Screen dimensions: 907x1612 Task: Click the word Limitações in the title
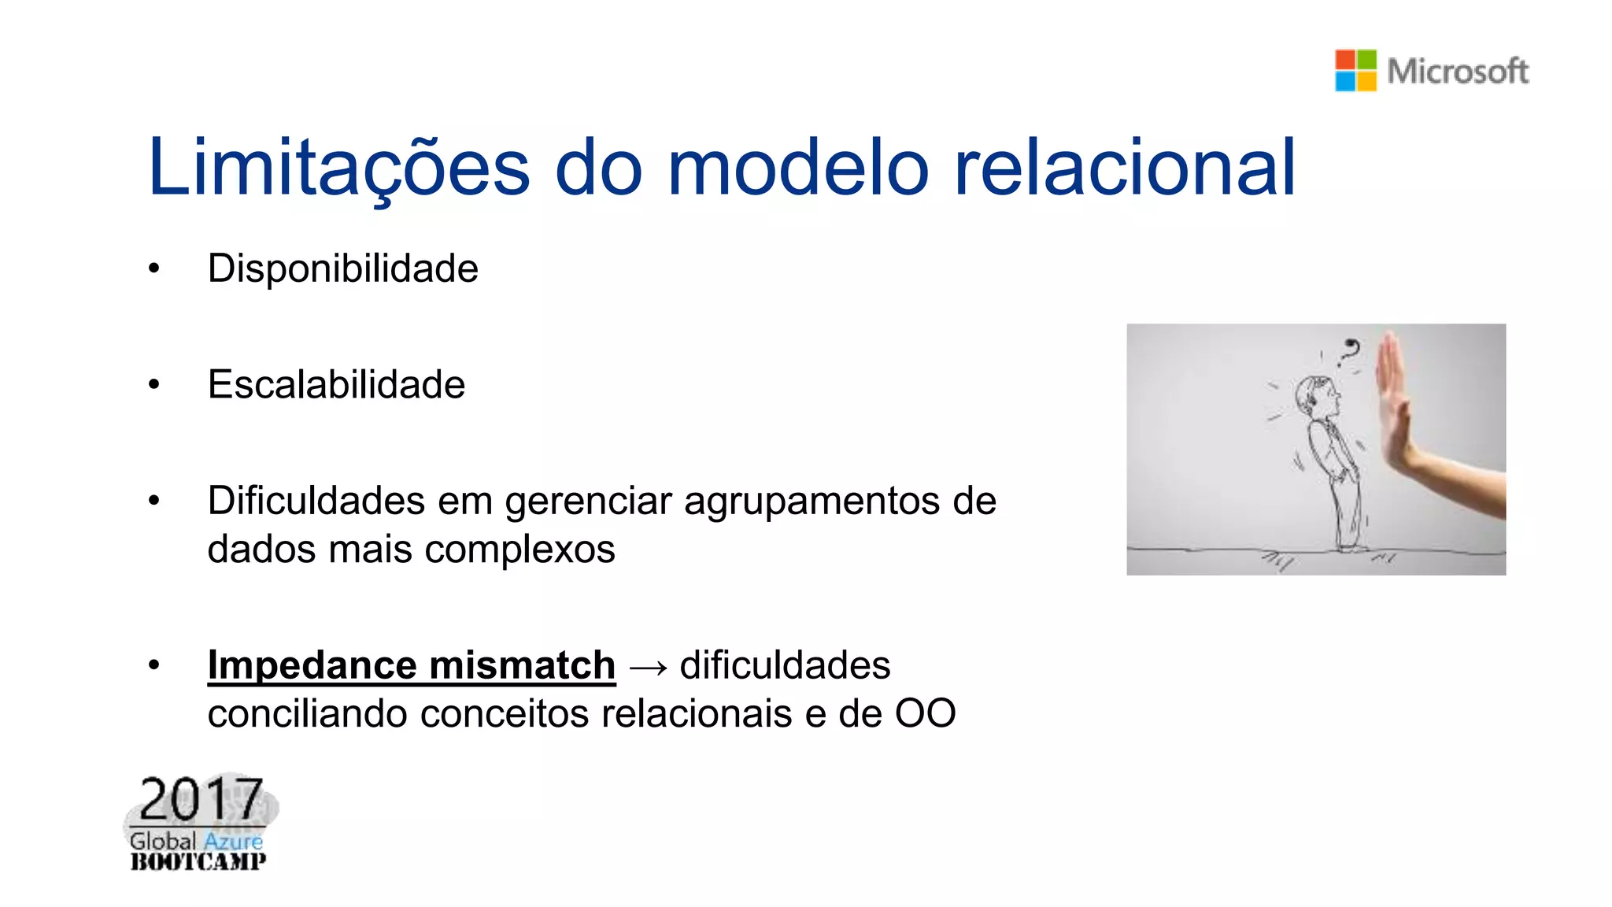338,167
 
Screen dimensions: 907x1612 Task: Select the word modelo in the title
798,167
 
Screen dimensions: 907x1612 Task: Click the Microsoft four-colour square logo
1355,70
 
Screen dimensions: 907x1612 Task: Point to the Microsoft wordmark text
1457,71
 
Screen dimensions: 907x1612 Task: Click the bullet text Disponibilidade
342,268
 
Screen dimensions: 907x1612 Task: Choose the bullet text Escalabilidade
336,384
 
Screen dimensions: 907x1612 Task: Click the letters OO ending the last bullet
925,713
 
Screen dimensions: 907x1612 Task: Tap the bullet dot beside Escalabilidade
153,385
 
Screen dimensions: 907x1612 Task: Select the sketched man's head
1317,396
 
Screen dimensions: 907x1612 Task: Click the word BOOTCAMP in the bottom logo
198,861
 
